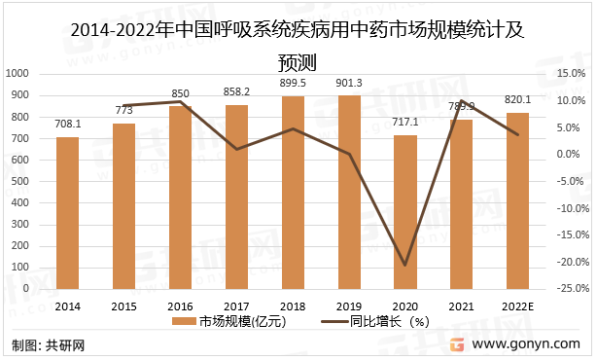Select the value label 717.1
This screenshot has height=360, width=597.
(405, 122)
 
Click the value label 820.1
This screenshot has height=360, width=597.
(518, 99)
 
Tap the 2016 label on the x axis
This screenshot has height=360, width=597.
(181, 305)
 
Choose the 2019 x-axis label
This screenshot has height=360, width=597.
(350, 305)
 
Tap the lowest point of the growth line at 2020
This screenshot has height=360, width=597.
(405, 265)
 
